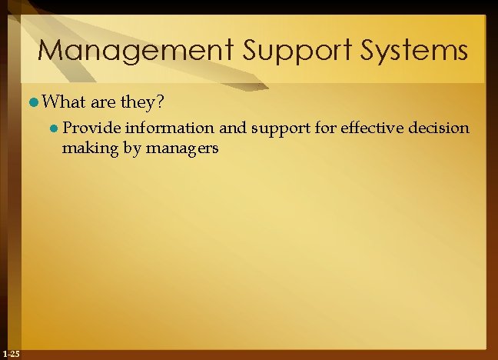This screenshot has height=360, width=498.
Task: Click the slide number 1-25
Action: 12,353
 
